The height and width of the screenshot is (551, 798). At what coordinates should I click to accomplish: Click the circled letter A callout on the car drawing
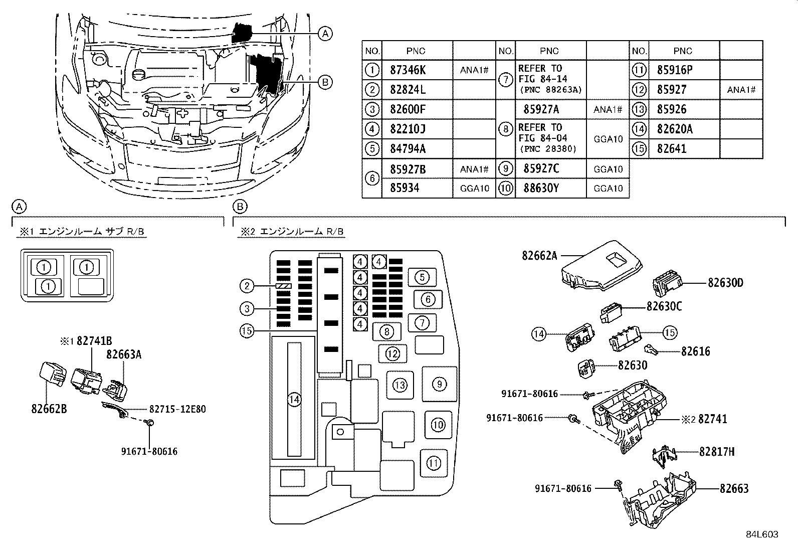(x=325, y=34)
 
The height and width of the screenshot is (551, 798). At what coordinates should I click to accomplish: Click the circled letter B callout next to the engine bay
(x=325, y=82)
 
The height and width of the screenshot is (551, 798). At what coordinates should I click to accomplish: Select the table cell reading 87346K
(x=407, y=70)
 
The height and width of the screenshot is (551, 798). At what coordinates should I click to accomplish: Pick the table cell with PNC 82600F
(x=408, y=109)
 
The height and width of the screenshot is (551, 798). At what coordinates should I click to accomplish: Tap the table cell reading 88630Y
(x=541, y=188)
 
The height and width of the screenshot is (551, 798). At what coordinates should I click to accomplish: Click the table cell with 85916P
(x=674, y=70)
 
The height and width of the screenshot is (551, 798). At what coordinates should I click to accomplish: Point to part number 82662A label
(x=539, y=255)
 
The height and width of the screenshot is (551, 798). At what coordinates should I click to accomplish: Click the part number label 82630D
(x=725, y=283)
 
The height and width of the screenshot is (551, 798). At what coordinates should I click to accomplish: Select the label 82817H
(x=717, y=452)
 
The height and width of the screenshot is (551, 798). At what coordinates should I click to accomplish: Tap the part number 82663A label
(x=124, y=354)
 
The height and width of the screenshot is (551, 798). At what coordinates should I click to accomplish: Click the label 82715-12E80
(x=177, y=409)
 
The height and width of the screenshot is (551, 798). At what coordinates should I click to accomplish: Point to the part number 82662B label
(x=49, y=409)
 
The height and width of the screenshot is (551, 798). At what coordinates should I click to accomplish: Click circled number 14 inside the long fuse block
(x=294, y=400)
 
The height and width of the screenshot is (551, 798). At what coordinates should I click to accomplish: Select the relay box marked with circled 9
(x=439, y=384)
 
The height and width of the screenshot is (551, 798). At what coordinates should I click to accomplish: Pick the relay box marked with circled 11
(x=434, y=462)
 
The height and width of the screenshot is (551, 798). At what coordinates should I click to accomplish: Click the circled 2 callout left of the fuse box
(x=247, y=286)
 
